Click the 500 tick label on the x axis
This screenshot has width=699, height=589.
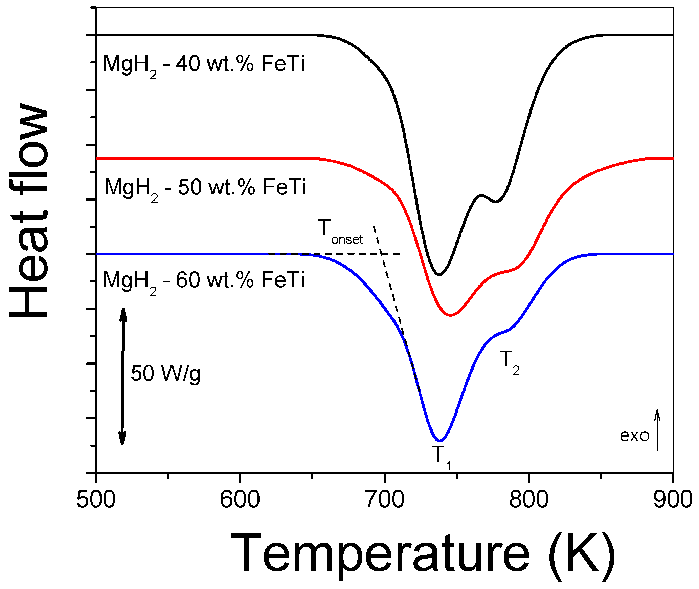pos(96,500)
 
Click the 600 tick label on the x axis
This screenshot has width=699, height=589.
pos(240,500)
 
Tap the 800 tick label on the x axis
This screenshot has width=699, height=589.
pos(528,500)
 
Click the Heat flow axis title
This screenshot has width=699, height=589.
pos(29,210)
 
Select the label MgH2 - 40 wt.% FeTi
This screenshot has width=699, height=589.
pos(204,65)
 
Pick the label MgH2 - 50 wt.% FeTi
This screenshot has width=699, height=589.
pos(205,188)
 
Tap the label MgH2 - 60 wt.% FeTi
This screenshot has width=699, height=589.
pos(204,281)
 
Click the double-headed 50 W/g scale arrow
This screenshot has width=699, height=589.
pos(122,376)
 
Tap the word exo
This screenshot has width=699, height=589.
pos(634,436)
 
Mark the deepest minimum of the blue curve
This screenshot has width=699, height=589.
pos(439,441)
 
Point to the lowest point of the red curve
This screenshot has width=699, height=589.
pos(450,315)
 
